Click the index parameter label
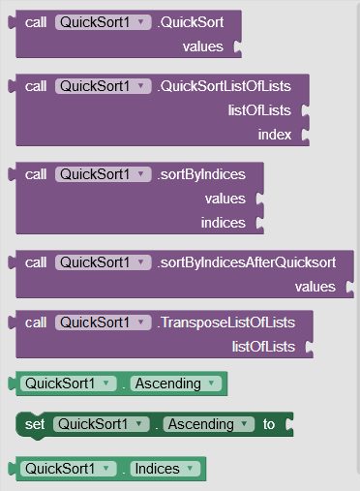coord(275,135)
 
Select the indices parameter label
coord(224,223)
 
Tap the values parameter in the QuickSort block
coord(202,46)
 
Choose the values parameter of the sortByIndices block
coord(225,199)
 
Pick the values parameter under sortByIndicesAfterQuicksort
coord(315,287)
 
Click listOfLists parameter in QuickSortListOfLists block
coord(260,110)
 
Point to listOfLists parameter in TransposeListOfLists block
coord(264,346)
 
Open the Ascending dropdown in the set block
coord(208,424)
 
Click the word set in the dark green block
coord(35,424)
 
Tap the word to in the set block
coord(269,424)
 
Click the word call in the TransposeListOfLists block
coord(36,322)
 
